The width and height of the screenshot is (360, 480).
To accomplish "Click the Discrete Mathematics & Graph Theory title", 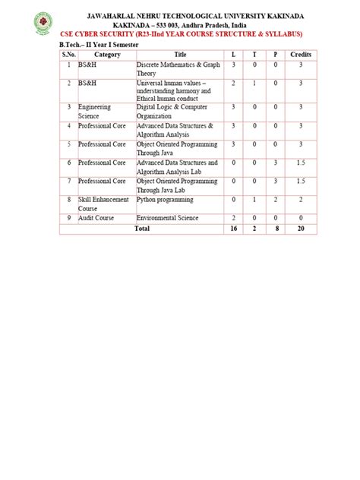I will (178, 69).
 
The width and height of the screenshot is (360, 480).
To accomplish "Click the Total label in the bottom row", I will (142, 228).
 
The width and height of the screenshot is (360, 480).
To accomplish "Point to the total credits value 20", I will (301, 228).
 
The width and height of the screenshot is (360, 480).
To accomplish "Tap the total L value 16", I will (233, 228).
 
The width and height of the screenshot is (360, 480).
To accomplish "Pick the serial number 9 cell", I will (68, 218).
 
